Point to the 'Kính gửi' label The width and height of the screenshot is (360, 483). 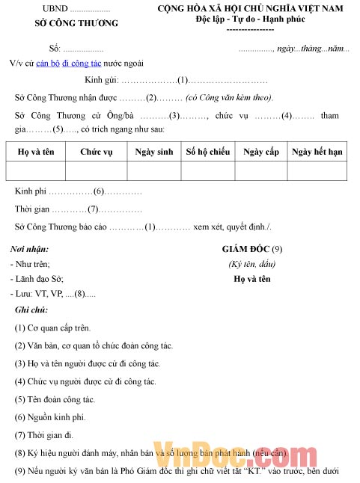pyautogui.click(x=101, y=80)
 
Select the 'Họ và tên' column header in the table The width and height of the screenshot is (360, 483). pyautogui.click(x=36, y=152)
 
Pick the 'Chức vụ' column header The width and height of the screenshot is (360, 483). pyautogui.click(x=96, y=152)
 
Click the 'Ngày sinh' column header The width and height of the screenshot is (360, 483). pyautogui.click(x=154, y=152)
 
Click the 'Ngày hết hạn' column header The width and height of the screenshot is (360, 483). pyautogui.click(x=317, y=152)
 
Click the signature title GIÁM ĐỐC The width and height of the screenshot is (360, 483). pyautogui.click(x=246, y=248)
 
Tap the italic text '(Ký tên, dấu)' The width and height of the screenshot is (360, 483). pyautogui.click(x=252, y=264)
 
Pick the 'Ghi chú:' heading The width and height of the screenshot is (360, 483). pyautogui.click(x=31, y=310)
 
